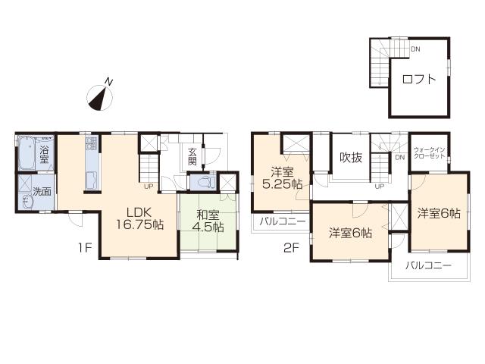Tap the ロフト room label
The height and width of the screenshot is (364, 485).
coord(418,79)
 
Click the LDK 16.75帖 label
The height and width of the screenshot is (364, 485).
coord(137,218)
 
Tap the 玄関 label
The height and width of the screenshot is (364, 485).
coord(192,157)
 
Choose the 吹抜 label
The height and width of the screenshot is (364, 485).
coord(350,158)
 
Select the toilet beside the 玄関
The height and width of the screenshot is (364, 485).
coord(202,183)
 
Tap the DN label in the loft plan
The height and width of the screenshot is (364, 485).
coord(415,50)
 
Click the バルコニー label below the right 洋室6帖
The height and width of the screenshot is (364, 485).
coord(427,265)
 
